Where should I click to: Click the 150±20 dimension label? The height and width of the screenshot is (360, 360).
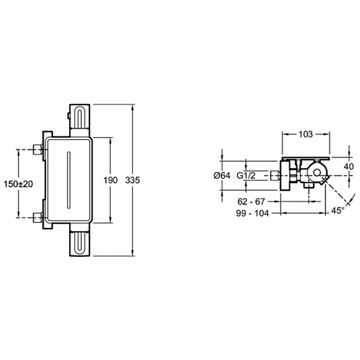pos(19,184)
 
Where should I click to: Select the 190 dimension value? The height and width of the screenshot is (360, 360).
pos(110,180)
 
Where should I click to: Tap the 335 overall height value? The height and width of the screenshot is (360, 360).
pos(133,180)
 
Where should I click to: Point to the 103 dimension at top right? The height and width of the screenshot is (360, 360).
pos(306,134)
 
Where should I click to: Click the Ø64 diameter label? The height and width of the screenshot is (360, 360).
pos(222,176)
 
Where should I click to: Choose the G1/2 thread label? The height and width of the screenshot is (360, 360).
pos(246,176)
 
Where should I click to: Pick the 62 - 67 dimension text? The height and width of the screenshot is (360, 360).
pos(251,202)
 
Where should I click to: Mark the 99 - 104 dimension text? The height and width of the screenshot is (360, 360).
pos(253,213)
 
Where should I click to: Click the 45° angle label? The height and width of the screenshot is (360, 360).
pos(338,211)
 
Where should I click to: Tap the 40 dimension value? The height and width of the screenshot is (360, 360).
pos(349,166)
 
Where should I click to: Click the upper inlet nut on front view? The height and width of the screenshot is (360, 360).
pos(37,149)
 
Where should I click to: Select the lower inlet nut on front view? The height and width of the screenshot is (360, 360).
pos(37,217)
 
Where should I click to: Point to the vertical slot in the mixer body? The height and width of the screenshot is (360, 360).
pos(68,180)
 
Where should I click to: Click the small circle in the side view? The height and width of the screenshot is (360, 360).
pos(317,173)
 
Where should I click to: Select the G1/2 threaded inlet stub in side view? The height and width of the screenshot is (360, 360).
pos(275,176)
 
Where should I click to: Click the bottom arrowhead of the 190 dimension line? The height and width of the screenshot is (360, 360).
pos(110,220)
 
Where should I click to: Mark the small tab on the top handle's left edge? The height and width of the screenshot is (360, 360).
pos(68,116)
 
